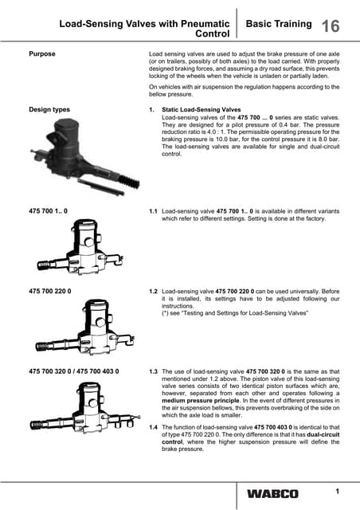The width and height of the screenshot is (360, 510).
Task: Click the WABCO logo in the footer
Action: (272, 494)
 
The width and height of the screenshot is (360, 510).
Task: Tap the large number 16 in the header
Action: (331, 26)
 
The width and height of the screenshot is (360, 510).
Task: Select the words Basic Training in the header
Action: (279, 24)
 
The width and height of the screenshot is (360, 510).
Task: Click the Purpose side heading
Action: (42, 53)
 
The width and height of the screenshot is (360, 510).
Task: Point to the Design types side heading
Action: (49, 109)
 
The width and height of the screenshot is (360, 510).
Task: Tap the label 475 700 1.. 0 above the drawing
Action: (48, 210)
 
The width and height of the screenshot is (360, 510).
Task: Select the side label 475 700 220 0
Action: (49, 291)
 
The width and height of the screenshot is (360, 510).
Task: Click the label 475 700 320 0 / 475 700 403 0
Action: (74, 371)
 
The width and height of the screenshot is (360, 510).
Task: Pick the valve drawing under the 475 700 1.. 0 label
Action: (80, 247)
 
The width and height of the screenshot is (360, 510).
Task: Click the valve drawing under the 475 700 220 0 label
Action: (85, 327)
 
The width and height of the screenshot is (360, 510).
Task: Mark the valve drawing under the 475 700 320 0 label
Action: (85, 407)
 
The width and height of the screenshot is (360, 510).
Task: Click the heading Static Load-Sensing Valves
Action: (202, 110)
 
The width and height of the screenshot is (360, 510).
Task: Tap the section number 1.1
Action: (153, 211)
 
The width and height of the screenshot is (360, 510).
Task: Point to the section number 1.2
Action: (153, 292)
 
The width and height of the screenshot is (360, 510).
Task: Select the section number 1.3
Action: (153, 371)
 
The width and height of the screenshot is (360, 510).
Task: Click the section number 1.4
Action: (153, 427)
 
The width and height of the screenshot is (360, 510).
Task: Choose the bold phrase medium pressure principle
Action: (201, 400)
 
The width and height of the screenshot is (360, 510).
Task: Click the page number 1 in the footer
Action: (337, 491)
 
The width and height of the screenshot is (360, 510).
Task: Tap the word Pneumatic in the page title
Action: (205, 24)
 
